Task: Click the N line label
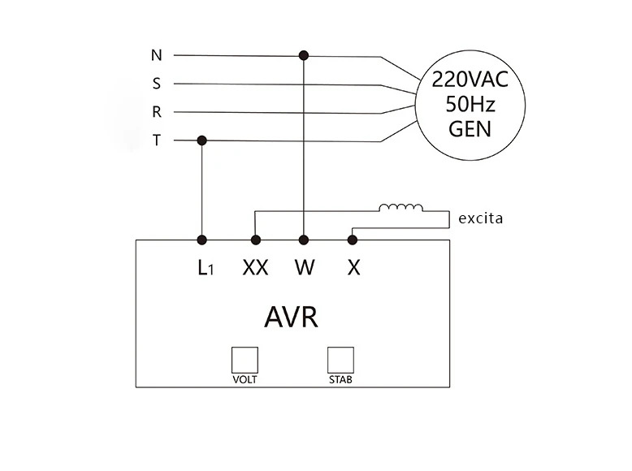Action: pos(157,55)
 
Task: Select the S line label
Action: pos(157,84)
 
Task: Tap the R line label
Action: pos(157,111)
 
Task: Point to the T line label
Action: pos(157,140)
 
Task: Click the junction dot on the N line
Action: pos(304,55)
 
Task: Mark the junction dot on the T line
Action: pos(202,140)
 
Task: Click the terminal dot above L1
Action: pos(202,240)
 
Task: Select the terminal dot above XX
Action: pos(256,240)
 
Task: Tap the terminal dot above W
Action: pos(304,240)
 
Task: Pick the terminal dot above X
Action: pos(353,240)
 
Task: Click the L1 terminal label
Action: pos(206,267)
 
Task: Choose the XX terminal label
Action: pos(256,267)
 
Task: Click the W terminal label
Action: pos(305,267)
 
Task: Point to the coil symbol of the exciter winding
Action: pos(401,208)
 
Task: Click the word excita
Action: pos(481,218)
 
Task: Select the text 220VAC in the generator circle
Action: pos(470,80)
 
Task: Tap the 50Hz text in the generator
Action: pos(470,105)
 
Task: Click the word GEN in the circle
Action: pos(470,129)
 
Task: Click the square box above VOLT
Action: pos(245,361)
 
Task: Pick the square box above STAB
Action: pos(340,361)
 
